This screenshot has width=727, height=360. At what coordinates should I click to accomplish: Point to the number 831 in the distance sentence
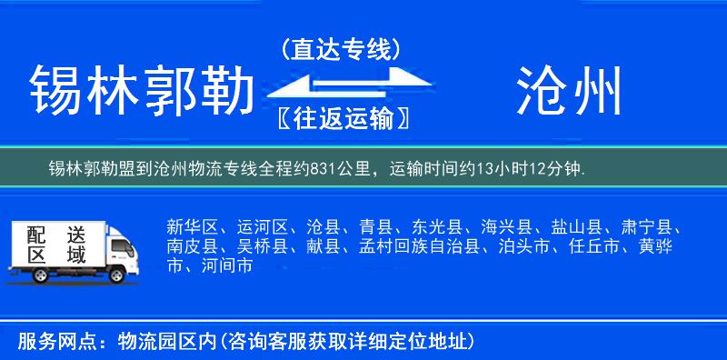pyautogui.click(x=324, y=169)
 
